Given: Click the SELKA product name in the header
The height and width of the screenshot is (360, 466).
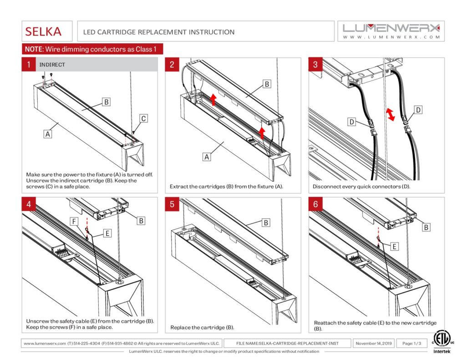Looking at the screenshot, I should (43, 32).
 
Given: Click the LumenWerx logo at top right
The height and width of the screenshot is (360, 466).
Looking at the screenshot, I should (391, 31).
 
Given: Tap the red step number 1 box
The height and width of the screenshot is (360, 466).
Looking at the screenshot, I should (29, 65).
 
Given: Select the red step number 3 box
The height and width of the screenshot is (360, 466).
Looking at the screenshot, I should (315, 65).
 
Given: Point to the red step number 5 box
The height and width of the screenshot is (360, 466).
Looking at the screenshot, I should (172, 204).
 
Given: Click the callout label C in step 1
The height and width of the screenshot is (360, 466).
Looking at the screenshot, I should (143, 119).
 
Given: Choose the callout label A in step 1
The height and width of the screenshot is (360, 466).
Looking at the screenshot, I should (47, 134).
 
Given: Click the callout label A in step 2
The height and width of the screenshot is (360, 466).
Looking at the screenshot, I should (207, 157).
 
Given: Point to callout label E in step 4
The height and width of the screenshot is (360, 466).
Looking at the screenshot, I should (107, 233).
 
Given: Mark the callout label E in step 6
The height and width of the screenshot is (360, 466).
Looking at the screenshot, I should (394, 246).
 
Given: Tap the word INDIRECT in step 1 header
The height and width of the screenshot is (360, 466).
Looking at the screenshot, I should (52, 65).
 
